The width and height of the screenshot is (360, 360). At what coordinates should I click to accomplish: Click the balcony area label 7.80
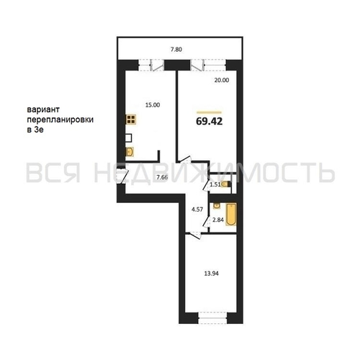coord(176,50)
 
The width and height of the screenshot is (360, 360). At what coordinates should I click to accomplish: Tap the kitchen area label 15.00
coord(153,105)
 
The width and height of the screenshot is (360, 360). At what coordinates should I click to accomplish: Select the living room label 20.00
coord(222,80)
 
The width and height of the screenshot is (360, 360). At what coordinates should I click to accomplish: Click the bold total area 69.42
coord(210,121)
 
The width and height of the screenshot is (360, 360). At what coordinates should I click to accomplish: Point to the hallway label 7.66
coord(162,178)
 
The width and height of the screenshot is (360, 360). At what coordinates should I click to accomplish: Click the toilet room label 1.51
coord(215,184)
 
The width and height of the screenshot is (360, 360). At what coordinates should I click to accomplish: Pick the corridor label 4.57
coord(197,210)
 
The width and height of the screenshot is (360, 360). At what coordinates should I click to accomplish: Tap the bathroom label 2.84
coord(218,220)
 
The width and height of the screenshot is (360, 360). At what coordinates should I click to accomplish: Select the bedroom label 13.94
coord(211,274)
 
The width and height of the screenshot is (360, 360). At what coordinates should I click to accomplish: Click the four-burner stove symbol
coord(131,120)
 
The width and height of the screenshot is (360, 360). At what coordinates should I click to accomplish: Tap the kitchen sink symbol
coord(130,152)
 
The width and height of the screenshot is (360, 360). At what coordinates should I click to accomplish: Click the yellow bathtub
coord(231,215)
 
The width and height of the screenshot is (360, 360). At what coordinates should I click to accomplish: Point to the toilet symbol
coord(226,184)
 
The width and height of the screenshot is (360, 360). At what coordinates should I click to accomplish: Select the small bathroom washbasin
coord(217,206)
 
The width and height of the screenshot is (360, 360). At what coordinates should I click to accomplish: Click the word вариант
coord(43,109)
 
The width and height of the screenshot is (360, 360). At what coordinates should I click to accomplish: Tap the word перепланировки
coord(60,120)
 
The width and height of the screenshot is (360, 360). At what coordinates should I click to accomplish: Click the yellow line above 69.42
coord(209,112)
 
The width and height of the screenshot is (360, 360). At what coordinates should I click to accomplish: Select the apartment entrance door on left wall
coord(122,176)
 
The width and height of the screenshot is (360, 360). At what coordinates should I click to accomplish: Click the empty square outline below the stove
coord(129,138)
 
